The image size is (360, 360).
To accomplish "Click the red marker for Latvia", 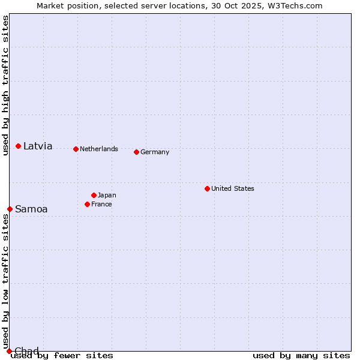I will (19, 146).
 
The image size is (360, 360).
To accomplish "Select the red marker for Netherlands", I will (76, 149).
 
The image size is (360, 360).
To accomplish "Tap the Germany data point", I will (137, 152).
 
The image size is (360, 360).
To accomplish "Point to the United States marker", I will (208, 188).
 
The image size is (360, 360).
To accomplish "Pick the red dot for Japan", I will (94, 195).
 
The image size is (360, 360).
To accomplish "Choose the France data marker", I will (88, 204).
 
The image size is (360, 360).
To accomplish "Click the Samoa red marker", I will (10, 209).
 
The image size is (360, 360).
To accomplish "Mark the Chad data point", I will (9, 351).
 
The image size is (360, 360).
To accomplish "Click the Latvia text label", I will (38, 146).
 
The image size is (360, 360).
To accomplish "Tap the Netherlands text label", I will (99, 149).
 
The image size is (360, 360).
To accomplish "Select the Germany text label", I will (155, 152).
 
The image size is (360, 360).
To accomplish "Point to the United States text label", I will (233, 188).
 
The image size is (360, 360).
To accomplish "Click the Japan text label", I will (107, 195).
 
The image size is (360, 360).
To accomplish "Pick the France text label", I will (101, 204).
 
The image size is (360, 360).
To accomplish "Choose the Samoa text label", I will (31, 209).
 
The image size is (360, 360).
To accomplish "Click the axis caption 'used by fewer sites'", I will (62, 355).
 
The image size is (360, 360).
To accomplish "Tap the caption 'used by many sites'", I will (301, 355).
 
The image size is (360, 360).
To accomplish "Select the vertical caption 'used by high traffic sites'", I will (5, 85).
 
